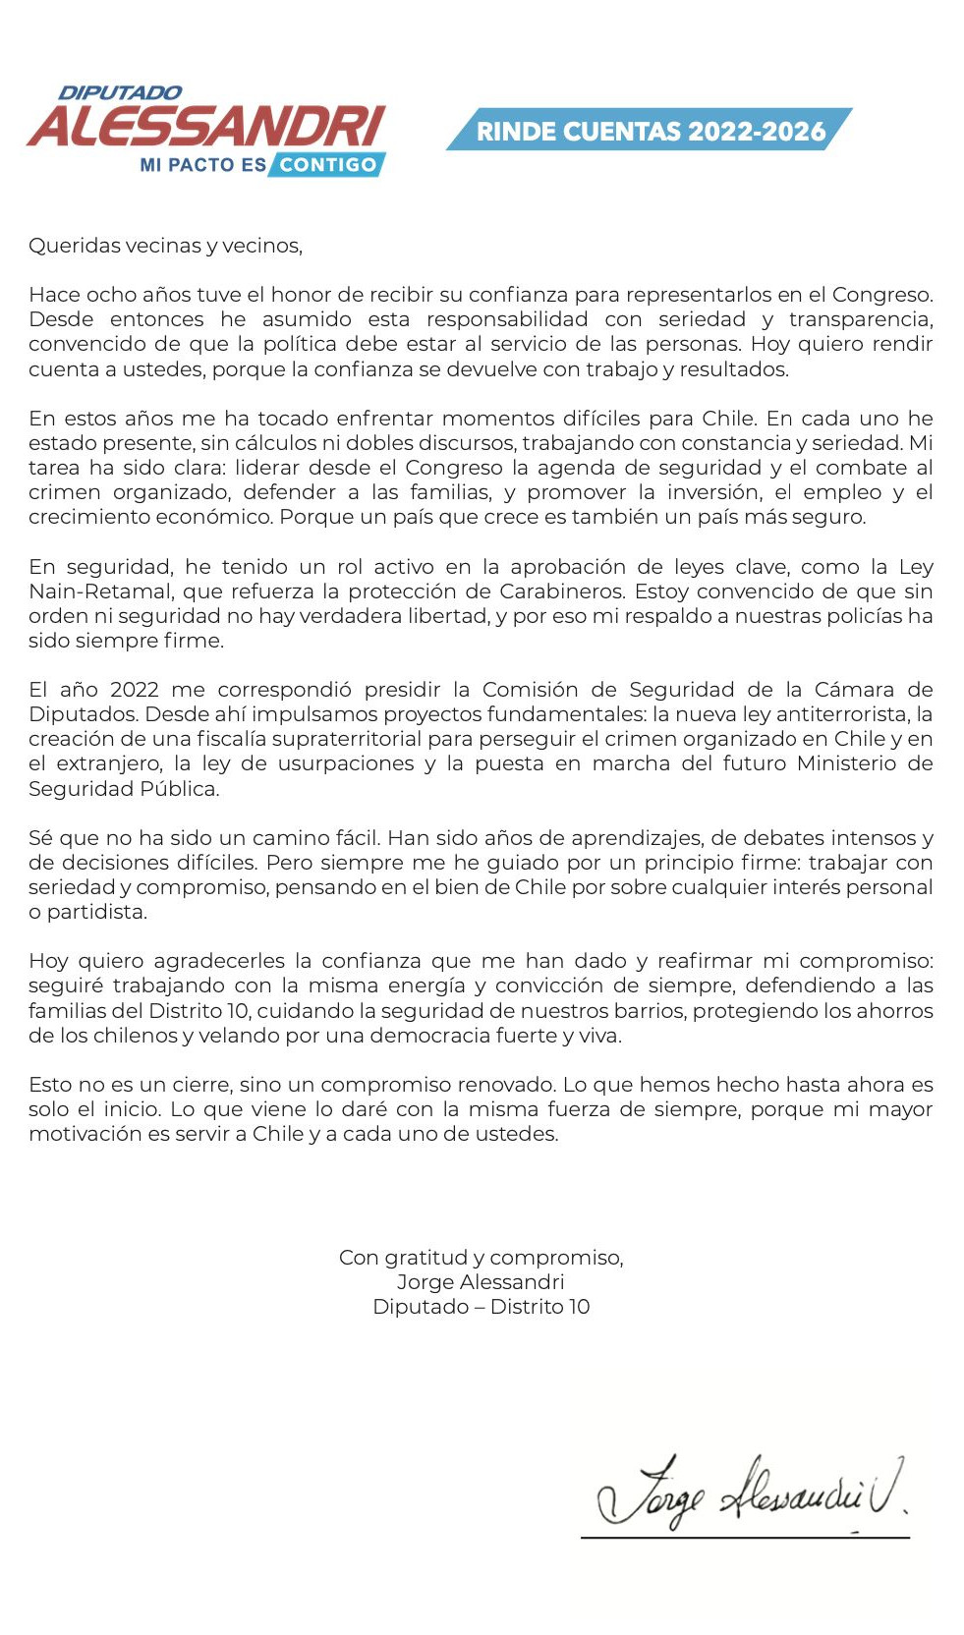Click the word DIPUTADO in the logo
coord(120,92)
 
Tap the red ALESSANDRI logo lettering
coord(206,127)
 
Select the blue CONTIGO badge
coord(327,165)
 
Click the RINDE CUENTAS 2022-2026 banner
coord(651,131)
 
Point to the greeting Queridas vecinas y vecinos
coord(165,246)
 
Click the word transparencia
coord(860,319)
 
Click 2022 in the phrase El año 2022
coord(134,690)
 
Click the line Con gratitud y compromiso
coord(481,1258)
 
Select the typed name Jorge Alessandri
coord(481,1282)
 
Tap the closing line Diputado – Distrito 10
coord(481,1307)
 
